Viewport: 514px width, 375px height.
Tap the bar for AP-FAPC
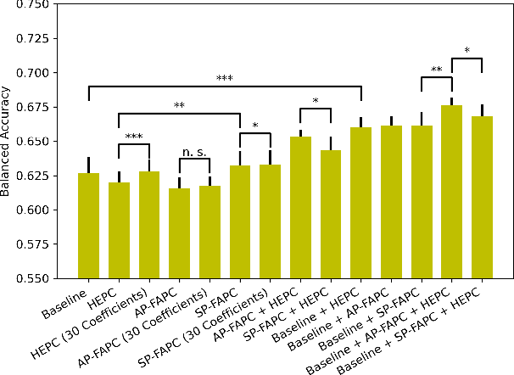(179, 233)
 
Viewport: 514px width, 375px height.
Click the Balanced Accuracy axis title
(8, 140)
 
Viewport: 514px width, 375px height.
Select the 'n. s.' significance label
(194, 152)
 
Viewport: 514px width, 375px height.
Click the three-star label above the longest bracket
(225, 79)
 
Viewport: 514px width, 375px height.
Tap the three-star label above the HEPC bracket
(134, 137)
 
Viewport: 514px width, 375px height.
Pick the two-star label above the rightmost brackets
(436, 70)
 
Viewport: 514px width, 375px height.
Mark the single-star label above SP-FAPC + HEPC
(316, 102)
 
